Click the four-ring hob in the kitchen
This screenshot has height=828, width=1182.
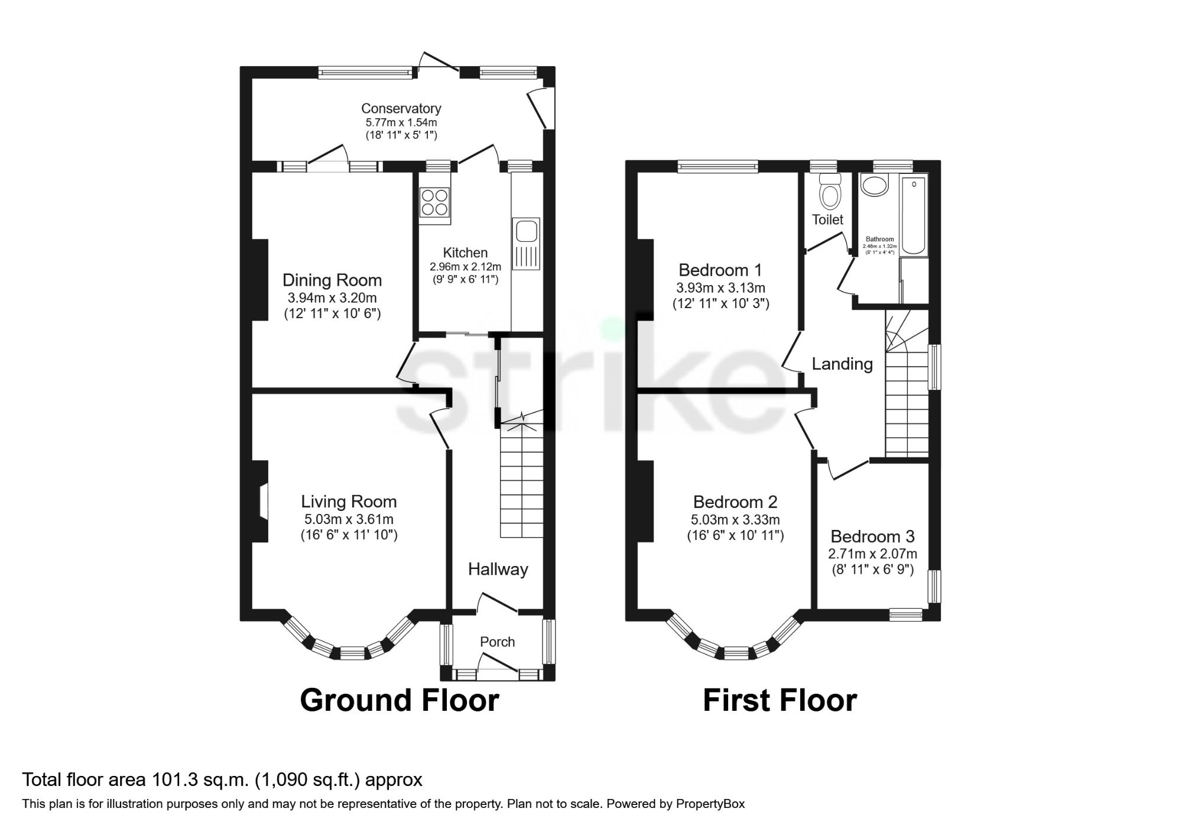click(434, 202)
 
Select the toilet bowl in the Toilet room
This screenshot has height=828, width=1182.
click(830, 193)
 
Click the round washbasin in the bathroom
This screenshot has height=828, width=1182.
click(874, 186)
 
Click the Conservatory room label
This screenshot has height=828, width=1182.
click(401, 109)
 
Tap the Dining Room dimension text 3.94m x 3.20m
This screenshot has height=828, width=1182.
click(332, 297)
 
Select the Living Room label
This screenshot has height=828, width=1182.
click(349, 502)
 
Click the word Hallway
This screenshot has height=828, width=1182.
click(498, 569)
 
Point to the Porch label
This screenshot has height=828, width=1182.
click(497, 642)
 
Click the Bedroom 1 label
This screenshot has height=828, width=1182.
click(720, 270)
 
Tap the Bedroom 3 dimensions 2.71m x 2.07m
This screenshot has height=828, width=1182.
click(872, 554)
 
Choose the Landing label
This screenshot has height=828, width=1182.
click(842, 364)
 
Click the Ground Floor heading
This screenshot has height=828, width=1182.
click(400, 700)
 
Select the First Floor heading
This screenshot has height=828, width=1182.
click(780, 700)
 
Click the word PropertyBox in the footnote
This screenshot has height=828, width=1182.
click(710, 804)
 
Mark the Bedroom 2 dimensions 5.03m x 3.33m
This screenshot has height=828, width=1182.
click(735, 520)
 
